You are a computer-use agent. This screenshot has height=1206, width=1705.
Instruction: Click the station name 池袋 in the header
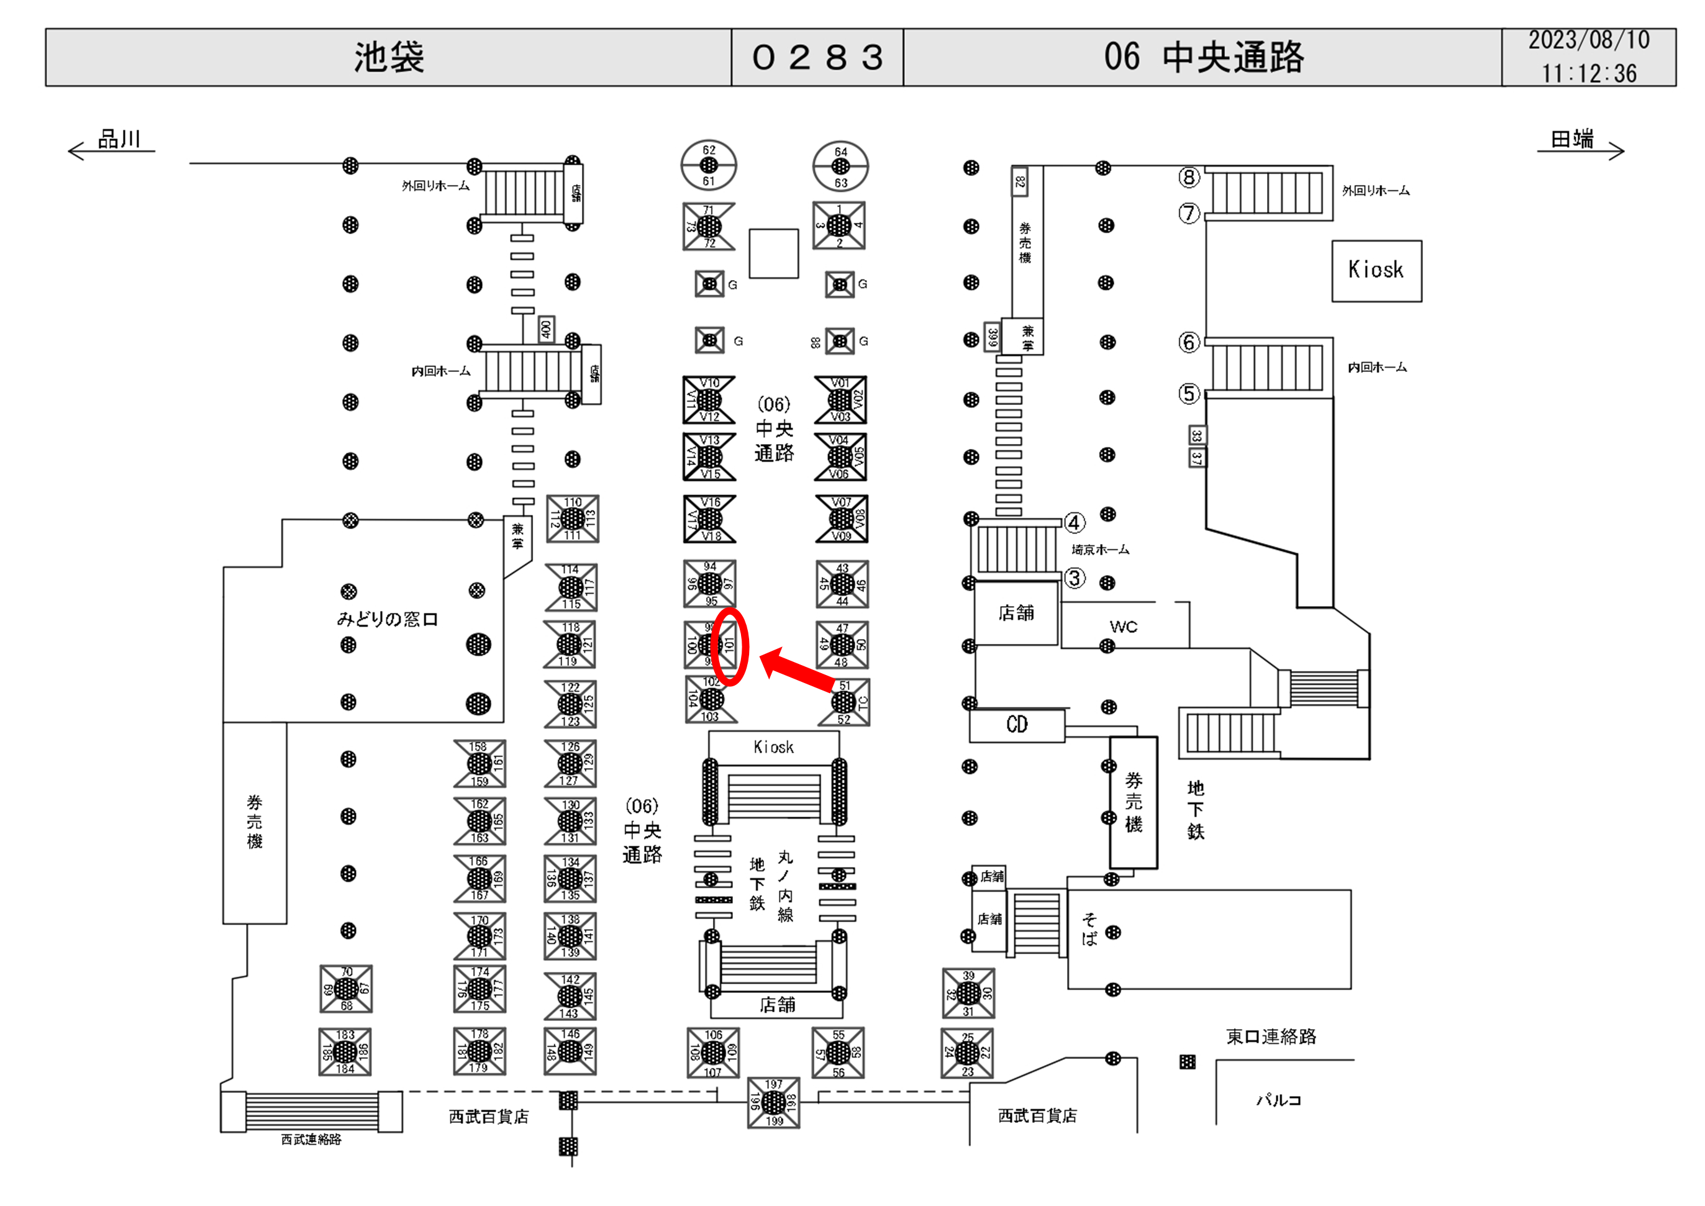coord(388,57)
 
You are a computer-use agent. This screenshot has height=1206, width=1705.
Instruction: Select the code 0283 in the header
coord(817,57)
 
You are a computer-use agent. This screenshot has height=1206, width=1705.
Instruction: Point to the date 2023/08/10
coord(1588,41)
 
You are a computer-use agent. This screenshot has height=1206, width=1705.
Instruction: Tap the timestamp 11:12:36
coord(1588,73)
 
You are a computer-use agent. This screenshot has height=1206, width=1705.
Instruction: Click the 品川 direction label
coord(119,139)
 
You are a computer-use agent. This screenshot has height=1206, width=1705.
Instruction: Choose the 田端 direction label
coord(1572,139)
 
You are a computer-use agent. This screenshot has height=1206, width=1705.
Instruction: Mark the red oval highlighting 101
coord(730,646)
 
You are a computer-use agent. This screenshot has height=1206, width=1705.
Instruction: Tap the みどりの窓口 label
coord(387,619)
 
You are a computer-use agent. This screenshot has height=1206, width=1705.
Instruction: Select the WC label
coord(1123,627)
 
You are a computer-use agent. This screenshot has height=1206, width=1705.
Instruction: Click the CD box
coord(1017,725)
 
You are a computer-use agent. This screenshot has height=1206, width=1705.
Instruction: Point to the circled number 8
coord(1189,178)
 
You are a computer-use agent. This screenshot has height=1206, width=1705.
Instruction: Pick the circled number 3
coord(1074,578)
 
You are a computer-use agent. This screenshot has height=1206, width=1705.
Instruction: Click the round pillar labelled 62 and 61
coord(709,165)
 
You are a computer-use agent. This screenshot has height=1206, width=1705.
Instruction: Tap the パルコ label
coord(1278,1100)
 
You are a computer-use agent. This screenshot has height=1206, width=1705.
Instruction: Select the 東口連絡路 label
coord(1271,1036)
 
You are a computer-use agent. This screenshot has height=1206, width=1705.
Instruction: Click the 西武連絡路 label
coord(311,1139)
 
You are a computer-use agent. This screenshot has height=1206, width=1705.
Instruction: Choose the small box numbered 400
coord(546,329)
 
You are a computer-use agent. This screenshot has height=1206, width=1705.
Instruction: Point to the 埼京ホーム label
coord(1100,550)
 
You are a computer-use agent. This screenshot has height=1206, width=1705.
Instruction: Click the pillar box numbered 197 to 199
coord(773,1102)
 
